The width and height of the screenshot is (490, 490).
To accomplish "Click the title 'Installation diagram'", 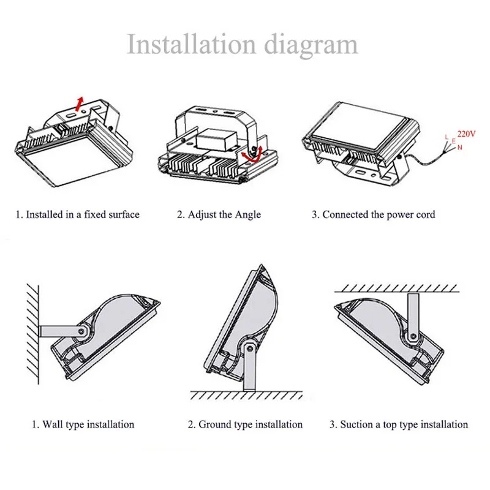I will [242, 45].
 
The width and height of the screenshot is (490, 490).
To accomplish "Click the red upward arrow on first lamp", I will [78, 101].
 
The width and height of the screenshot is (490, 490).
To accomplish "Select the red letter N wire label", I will [459, 148].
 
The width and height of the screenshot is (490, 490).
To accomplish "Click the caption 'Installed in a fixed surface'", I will [78, 214].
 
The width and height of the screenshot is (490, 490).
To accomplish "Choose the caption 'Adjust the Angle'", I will [219, 214].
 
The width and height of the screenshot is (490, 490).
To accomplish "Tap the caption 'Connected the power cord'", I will [373, 214].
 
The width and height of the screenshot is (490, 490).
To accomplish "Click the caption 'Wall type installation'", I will [83, 424].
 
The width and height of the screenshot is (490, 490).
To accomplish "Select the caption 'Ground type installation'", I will [245, 424].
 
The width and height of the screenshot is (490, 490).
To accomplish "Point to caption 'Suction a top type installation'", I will [399, 424].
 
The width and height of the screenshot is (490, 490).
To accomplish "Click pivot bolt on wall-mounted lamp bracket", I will [80, 331].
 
